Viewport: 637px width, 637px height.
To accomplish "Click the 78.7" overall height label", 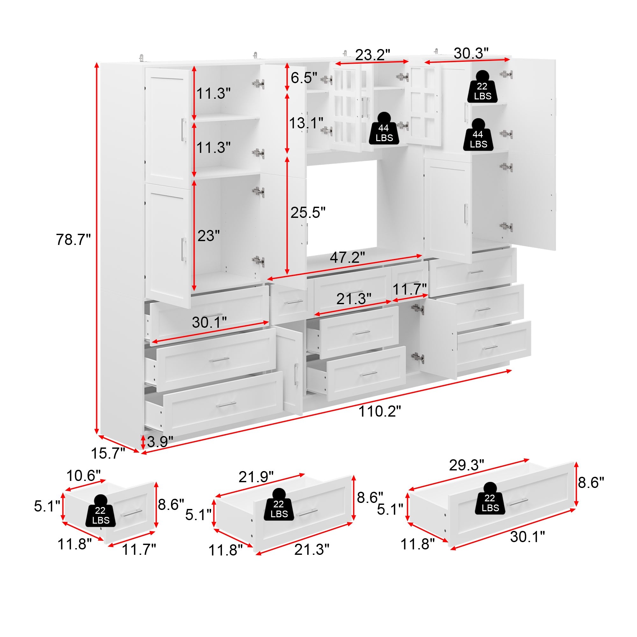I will (x=73, y=240).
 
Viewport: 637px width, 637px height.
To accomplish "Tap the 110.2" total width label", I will (x=380, y=412).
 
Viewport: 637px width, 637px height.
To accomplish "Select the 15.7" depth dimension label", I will (x=108, y=453).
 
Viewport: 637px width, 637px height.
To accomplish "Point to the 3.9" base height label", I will (x=160, y=441).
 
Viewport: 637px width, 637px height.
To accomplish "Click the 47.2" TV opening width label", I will (x=347, y=257).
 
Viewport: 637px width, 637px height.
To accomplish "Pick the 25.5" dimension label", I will (x=308, y=213).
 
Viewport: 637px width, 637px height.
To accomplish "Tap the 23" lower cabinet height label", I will (x=208, y=236).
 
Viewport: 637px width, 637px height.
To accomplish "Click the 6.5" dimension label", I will (x=304, y=78).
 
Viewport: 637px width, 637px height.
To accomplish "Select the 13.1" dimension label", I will (x=306, y=123).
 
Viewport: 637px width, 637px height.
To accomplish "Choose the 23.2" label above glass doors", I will (x=373, y=55).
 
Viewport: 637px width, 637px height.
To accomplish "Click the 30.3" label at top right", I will (x=471, y=54).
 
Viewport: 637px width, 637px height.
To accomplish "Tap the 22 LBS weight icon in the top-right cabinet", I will (x=482, y=87).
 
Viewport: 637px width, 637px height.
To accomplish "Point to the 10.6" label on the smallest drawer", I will (x=83, y=476).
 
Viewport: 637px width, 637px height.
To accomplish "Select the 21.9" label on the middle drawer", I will (x=256, y=477).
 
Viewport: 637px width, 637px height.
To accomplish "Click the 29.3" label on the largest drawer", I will (x=466, y=465).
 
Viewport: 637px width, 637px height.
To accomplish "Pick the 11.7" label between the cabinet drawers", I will (x=410, y=290).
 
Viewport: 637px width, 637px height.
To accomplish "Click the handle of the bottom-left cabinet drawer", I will (x=226, y=404).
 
